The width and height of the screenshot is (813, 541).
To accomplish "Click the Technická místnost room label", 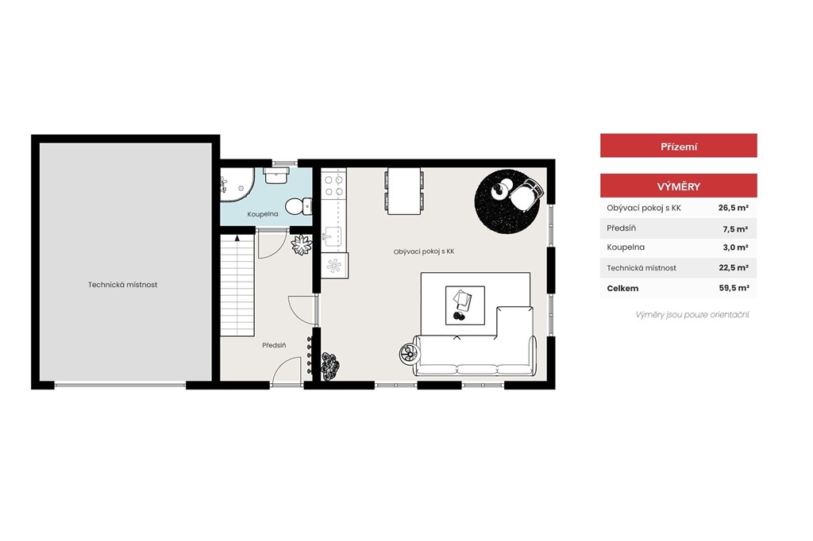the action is click(x=122, y=285).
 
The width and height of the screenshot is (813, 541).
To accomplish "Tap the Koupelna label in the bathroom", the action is click(x=262, y=214).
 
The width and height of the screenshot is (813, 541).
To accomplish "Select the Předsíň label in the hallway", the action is click(x=274, y=345).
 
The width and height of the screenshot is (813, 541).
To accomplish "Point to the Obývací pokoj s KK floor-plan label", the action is click(x=424, y=251).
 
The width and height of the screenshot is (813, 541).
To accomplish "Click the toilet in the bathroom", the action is click(x=299, y=205).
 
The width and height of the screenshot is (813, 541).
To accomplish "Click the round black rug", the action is click(x=507, y=201).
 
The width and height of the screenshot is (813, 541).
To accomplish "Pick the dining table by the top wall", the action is click(x=404, y=190).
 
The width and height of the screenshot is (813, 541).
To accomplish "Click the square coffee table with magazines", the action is click(x=465, y=305).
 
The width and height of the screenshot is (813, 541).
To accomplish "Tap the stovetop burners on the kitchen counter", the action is click(x=333, y=186).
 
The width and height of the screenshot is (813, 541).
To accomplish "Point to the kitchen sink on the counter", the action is click(x=332, y=237).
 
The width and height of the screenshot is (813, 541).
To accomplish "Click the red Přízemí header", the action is click(x=678, y=146).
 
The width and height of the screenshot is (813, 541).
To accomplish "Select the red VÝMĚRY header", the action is click(x=678, y=186).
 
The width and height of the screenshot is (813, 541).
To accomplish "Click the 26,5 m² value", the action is click(x=733, y=208).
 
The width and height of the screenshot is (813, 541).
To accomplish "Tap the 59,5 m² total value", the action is click(x=734, y=288).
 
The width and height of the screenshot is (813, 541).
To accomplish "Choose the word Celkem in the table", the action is click(x=622, y=289).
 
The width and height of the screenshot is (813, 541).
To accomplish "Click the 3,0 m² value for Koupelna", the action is click(x=735, y=247).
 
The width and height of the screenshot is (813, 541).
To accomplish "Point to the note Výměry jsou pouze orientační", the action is click(x=692, y=315).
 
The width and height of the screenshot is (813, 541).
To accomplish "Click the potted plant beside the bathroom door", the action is click(x=301, y=244).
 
